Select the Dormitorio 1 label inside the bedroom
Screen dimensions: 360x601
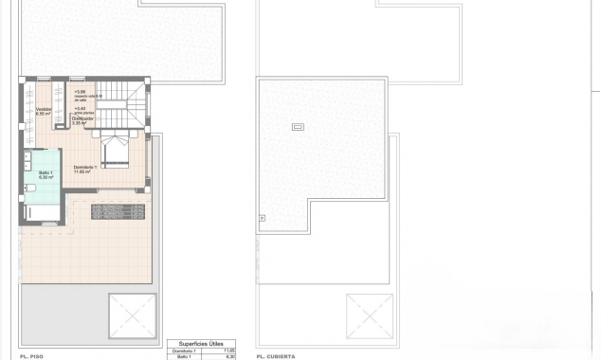pos(87,168)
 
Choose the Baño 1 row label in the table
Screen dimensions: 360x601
pos(183,357)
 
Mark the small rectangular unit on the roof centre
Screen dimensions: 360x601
pos(299,127)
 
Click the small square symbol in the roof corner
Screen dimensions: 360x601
pos(263,218)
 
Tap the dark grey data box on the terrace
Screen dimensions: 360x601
pos(118,209)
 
